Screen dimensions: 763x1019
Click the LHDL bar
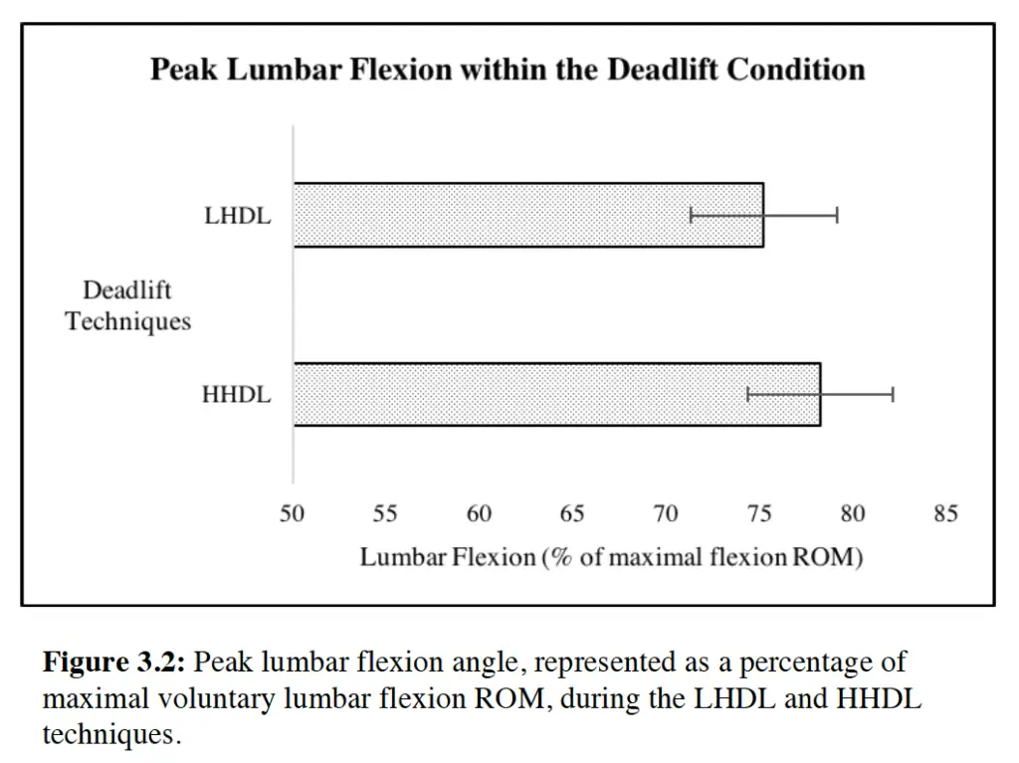[x=527, y=215]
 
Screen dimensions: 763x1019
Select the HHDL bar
[x=556, y=395]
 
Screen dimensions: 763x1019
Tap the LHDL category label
[x=238, y=216]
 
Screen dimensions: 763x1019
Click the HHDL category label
[x=236, y=395]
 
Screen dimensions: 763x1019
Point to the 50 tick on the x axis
[x=293, y=514]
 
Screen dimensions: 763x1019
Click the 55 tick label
[x=385, y=514]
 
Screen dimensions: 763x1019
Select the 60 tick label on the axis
[x=479, y=514]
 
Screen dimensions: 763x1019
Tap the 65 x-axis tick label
[x=572, y=514]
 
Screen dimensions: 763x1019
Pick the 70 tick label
[x=666, y=514]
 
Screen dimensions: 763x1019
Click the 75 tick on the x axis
[x=759, y=514]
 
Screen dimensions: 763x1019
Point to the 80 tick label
[x=853, y=514]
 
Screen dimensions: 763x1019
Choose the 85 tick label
[x=945, y=514]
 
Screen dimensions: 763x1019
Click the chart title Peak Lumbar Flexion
[x=508, y=70]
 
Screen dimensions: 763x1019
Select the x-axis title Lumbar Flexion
[x=611, y=557]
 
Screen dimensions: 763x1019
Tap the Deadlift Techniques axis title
[x=127, y=306]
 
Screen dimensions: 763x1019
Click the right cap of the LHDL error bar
[x=837, y=215]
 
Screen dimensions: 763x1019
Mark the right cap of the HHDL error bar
[x=893, y=395]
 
